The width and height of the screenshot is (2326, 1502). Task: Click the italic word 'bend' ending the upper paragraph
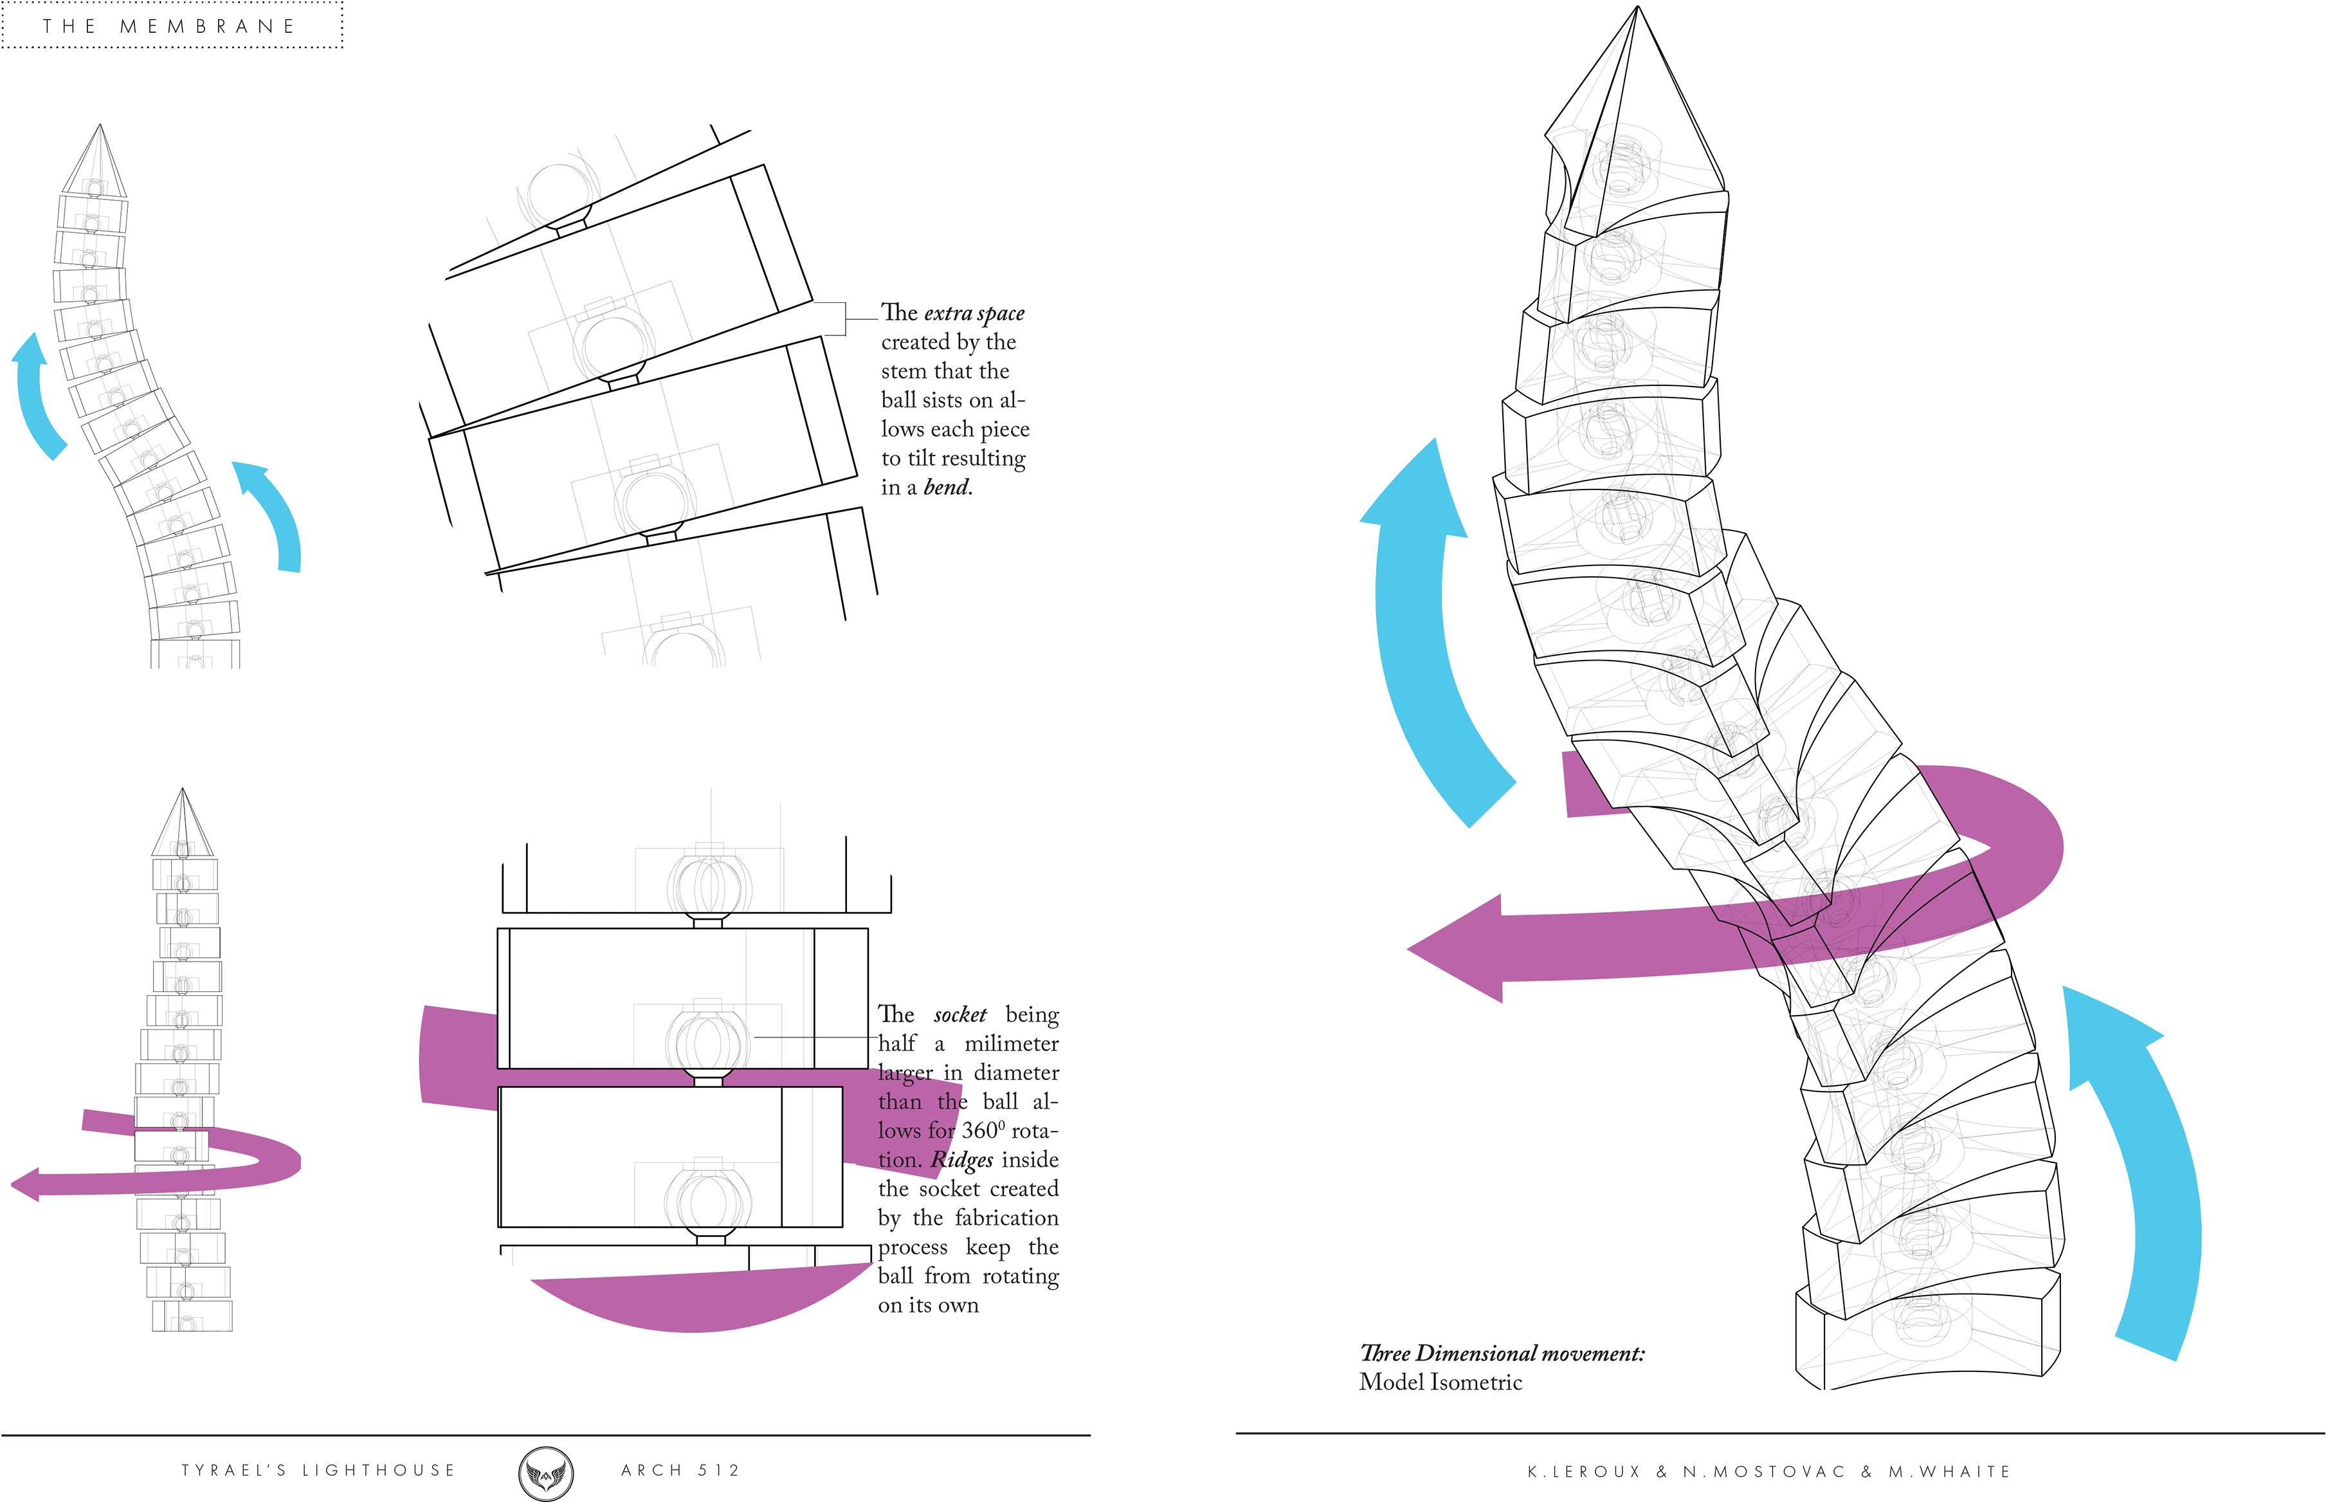tap(947, 487)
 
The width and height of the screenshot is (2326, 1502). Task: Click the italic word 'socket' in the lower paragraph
tap(959, 1014)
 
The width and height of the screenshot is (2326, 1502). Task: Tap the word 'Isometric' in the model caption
tap(1472, 1382)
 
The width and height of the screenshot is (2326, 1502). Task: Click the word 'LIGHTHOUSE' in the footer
tap(378, 1470)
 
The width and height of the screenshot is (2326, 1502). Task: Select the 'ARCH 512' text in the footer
tap(680, 1470)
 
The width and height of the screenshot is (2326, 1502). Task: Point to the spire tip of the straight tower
tap(180, 797)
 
